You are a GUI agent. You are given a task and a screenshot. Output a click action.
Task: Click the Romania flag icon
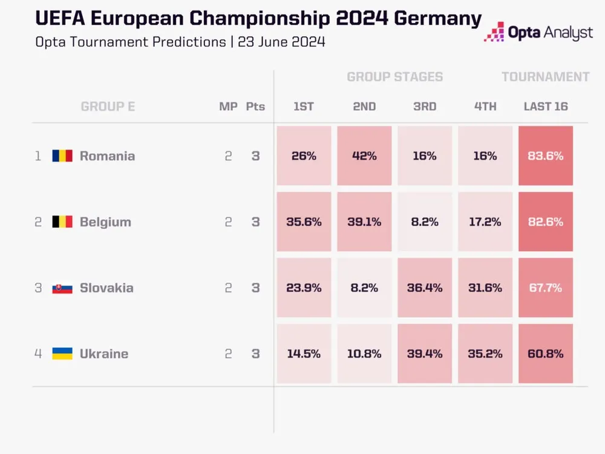tap(62, 156)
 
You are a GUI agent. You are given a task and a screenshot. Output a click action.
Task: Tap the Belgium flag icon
tap(62, 222)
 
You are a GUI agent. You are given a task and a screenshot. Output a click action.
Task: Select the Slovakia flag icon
tap(62, 288)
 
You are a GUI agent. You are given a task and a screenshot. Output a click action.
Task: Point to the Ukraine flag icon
tap(62, 354)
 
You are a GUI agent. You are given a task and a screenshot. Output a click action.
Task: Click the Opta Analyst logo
tap(538, 31)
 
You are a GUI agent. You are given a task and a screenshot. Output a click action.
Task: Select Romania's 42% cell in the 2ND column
tap(364, 156)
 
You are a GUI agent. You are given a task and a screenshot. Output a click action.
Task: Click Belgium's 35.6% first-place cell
tap(304, 222)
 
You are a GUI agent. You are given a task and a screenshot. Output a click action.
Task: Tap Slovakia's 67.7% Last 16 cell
tap(546, 288)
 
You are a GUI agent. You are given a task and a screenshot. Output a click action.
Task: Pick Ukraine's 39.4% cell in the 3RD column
tap(425, 354)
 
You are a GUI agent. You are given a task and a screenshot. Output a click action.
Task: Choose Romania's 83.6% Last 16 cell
tap(546, 156)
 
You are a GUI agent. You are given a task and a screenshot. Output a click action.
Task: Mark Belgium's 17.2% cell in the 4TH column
tap(485, 222)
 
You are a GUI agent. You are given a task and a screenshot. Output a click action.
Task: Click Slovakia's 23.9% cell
tap(304, 288)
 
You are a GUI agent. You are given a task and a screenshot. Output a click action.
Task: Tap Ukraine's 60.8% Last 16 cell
tap(546, 354)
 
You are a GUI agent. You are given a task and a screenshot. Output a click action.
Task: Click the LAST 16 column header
tap(546, 107)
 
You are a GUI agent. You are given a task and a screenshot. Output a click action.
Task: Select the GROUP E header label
tap(108, 107)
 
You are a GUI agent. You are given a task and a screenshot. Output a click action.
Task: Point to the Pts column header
tap(255, 107)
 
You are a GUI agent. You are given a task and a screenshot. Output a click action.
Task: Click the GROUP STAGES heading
tap(394, 77)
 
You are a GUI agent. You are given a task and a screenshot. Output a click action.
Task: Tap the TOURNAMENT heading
tap(545, 77)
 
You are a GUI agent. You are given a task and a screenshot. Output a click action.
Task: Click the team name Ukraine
tap(104, 354)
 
